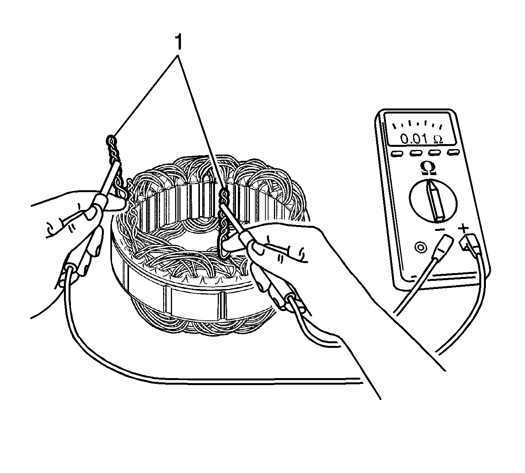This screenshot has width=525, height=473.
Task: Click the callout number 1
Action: click(179, 42)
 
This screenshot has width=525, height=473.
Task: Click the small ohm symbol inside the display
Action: click(438, 139)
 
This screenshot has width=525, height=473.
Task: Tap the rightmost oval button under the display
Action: click(454, 152)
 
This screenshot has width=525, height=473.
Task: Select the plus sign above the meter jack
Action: click(463, 229)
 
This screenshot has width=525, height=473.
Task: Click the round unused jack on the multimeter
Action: click(421, 248)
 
